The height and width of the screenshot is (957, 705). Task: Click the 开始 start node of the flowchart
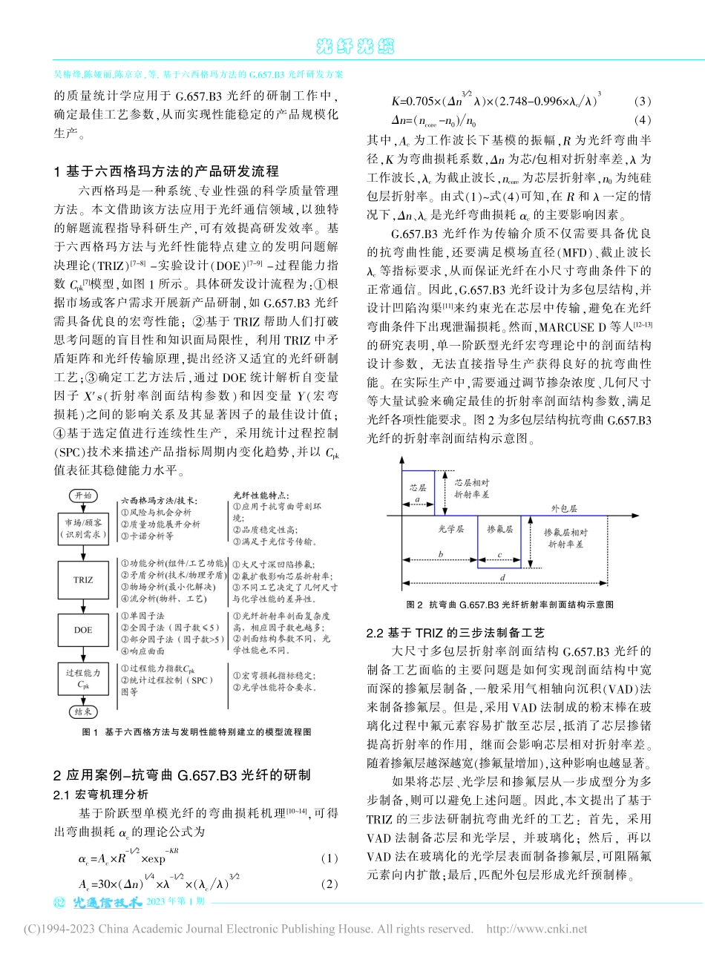tap(83, 496)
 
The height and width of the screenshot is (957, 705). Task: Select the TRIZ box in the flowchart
tap(83, 580)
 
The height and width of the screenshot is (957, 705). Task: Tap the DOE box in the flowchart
tap(83, 630)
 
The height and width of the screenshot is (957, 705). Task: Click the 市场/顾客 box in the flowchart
tap(83, 528)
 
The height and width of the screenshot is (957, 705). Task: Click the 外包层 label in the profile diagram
tap(563, 509)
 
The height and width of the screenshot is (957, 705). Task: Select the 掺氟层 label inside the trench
tap(499, 530)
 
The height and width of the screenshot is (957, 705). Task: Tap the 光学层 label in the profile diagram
tap(450, 530)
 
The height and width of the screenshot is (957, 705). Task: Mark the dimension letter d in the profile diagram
tap(503, 577)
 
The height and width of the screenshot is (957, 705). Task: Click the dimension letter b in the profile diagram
tap(440, 554)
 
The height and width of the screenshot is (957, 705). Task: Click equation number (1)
tap(329, 858)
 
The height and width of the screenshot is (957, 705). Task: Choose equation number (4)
tap(643, 120)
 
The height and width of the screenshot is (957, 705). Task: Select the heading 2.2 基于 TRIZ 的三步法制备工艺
tap(456, 633)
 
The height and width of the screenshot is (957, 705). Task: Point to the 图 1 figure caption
tap(196, 731)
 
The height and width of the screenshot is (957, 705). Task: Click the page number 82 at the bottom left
tap(61, 903)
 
